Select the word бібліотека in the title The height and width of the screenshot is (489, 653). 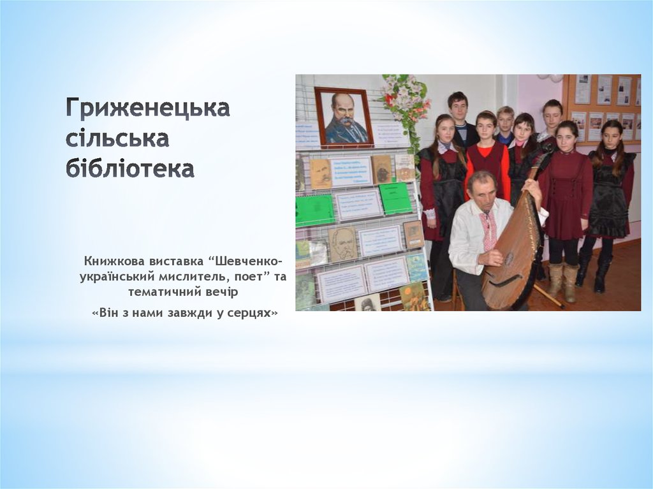(x=129, y=170)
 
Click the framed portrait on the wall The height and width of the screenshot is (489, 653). (x=344, y=117)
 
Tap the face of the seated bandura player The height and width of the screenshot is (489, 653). (x=483, y=189)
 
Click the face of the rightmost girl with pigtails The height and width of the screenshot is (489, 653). (x=612, y=136)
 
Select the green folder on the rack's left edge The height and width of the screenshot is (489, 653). (x=314, y=210)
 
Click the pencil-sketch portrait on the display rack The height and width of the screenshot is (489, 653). (x=342, y=244)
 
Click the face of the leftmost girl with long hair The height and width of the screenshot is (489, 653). (x=445, y=131)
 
